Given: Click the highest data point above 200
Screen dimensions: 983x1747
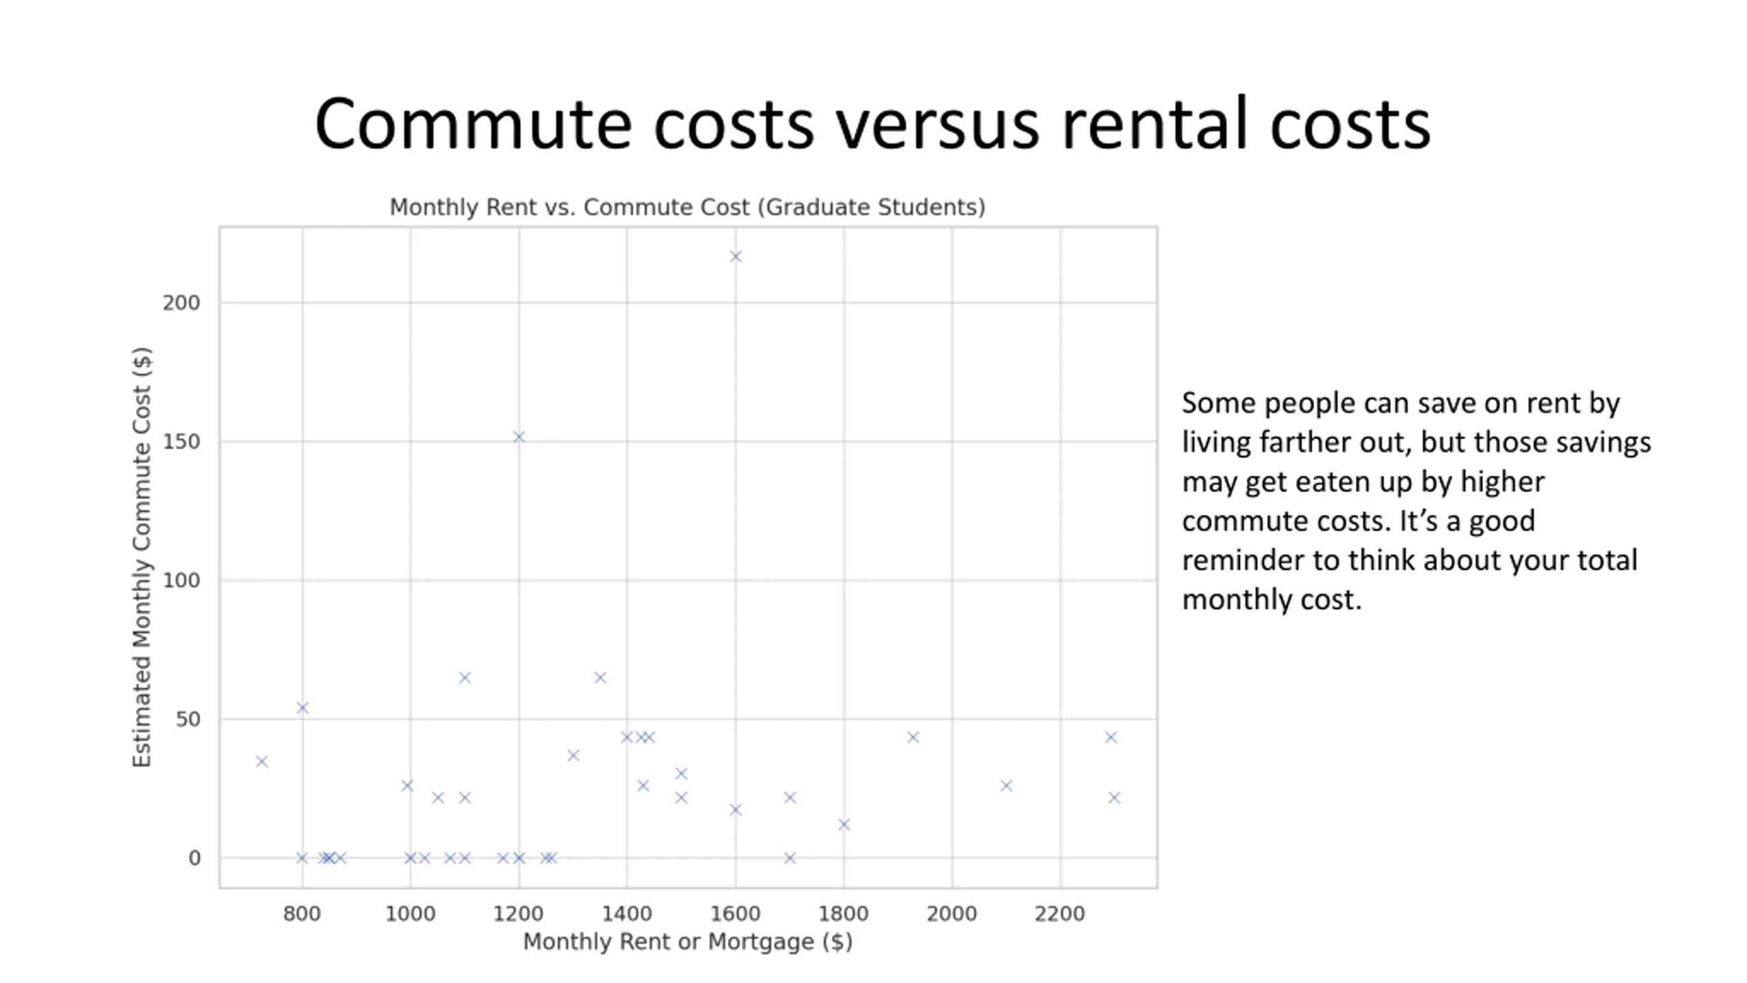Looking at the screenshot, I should [735, 257].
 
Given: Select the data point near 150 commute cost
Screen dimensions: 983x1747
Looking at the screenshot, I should [519, 437].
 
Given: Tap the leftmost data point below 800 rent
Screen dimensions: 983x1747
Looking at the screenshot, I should [261, 761].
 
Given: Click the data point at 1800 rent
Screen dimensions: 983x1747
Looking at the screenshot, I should [843, 825].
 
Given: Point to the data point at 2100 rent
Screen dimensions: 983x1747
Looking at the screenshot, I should [1006, 786].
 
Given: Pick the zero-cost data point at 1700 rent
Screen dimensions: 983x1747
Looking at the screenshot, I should [790, 858].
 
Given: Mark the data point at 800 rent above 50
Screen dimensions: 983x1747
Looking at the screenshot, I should [302, 708].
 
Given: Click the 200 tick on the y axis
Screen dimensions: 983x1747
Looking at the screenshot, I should [182, 303].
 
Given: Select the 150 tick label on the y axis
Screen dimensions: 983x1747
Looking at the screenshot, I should [182, 442].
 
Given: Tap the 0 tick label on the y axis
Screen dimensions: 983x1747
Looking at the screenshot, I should [194, 858].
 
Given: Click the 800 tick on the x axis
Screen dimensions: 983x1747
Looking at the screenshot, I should [302, 913].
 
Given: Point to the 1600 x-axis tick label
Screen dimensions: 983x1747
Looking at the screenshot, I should [735, 913].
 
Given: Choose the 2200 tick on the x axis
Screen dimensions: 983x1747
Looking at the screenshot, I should [1059, 913].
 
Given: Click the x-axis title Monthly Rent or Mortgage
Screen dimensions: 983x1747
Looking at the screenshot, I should [687, 942].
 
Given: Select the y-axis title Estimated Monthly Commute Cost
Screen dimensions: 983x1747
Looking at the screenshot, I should [141, 557].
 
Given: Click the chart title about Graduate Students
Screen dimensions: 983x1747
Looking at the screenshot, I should [687, 207].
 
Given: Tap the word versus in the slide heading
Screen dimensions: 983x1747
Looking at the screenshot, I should [938, 124].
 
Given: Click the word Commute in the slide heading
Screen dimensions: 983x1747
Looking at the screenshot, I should [473, 124].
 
